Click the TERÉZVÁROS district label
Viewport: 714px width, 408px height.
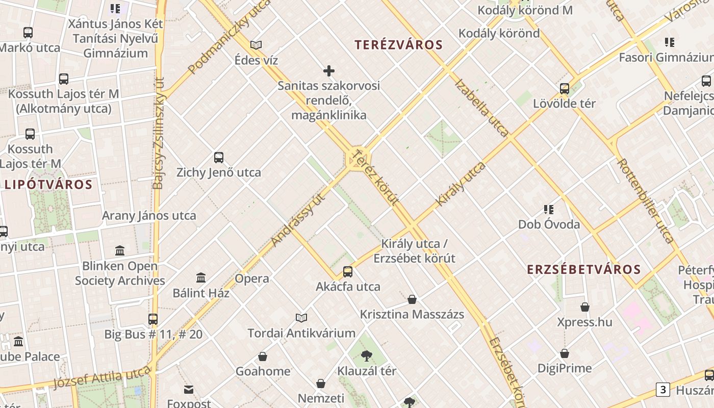coord(399,45)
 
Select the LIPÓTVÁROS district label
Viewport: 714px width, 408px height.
coord(49,185)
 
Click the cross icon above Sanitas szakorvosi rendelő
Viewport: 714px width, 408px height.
coord(329,71)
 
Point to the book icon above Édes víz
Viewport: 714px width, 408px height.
coord(256,45)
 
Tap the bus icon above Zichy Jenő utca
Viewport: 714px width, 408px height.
coord(219,158)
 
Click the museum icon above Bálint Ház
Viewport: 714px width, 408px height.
coord(201,278)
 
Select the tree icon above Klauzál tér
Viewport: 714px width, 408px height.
coord(366,356)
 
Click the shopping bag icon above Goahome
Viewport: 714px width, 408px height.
coord(263,356)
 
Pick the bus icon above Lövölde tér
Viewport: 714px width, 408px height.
coord(565,88)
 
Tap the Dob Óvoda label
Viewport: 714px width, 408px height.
coord(549,224)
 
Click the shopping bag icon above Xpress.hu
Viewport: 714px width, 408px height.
coord(585,307)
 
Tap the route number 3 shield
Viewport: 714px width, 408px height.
coord(662,390)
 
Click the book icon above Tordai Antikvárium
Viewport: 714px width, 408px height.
coord(301,318)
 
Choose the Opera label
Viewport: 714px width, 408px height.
coord(252,278)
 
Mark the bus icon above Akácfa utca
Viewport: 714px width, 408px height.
coord(348,271)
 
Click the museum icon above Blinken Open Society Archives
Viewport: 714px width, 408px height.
coord(120,250)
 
